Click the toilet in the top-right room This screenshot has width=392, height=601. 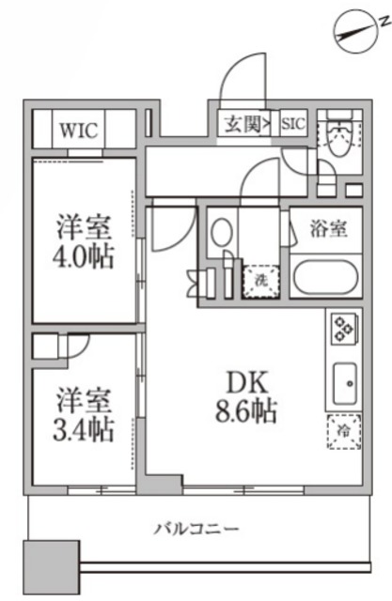point(339,137)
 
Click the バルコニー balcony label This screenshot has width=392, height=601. point(196,528)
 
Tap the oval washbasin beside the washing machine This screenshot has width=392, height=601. point(222,232)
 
